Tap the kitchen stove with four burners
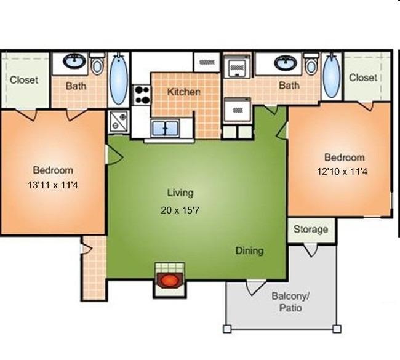pyautogui.click(x=142, y=95)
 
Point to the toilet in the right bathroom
pyautogui.click(x=311, y=64)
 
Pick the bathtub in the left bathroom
pyautogui.click(x=119, y=79)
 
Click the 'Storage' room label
pyautogui.click(x=311, y=229)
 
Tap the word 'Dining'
pyautogui.click(x=249, y=250)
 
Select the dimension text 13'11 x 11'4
pyautogui.click(x=53, y=185)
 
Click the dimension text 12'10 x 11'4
pyautogui.click(x=342, y=172)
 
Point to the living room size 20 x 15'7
pyautogui.click(x=180, y=210)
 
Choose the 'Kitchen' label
pyautogui.click(x=183, y=92)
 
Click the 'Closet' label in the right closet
pyautogui.click(x=362, y=78)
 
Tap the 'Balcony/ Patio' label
pyautogui.click(x=290, y=302)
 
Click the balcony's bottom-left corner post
pyautogui.click(x=227, y=329)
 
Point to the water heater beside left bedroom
pyautogui.click(x=119, y=122)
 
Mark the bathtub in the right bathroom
pyautogui.click(x=331, y=76)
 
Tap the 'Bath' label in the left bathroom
pyautogui.click(x=76, y=86)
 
